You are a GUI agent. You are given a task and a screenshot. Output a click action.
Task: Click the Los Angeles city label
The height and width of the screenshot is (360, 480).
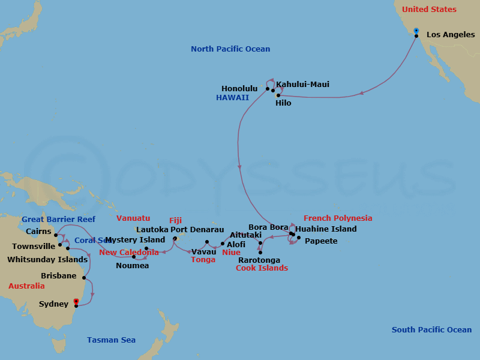[450, 35]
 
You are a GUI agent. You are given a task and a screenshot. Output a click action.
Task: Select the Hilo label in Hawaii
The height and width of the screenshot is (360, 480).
[283, 103]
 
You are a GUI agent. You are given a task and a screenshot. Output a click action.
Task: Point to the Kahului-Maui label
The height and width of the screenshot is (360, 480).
[302, 85]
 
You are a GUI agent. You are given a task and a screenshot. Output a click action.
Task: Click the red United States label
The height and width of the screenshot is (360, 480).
[429, 10]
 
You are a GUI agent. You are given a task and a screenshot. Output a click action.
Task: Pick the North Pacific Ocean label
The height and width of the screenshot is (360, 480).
[230, 49]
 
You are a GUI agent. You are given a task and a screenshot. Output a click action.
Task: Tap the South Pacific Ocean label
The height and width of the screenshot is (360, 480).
[431, 330]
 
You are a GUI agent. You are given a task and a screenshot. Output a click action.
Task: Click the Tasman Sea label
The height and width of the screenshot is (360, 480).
[111, 340]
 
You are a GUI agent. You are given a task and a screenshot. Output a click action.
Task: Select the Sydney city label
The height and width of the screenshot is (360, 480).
[53, 304]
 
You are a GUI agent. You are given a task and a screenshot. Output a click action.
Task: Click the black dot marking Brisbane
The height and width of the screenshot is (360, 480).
[84, 278]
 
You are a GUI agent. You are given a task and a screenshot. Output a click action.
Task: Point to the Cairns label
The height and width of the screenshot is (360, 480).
[38, 231]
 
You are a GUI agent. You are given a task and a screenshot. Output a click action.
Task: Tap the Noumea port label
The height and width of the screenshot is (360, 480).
[132, 266]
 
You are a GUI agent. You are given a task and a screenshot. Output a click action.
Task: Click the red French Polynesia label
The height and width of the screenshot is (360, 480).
[338, 218]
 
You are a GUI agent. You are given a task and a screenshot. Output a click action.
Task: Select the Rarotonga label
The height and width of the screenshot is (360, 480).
[259, 260]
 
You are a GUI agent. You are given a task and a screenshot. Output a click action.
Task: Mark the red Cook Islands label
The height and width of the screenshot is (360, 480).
[262, 268]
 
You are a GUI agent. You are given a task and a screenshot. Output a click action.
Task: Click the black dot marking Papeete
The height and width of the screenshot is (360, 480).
[299, 238]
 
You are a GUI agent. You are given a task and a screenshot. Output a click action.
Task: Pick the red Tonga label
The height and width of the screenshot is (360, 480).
[203, 260]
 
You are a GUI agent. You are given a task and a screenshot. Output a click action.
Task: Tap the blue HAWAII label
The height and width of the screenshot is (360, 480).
[233, 97]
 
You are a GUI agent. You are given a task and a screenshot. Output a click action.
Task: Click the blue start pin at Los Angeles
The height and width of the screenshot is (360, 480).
[416, 31]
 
